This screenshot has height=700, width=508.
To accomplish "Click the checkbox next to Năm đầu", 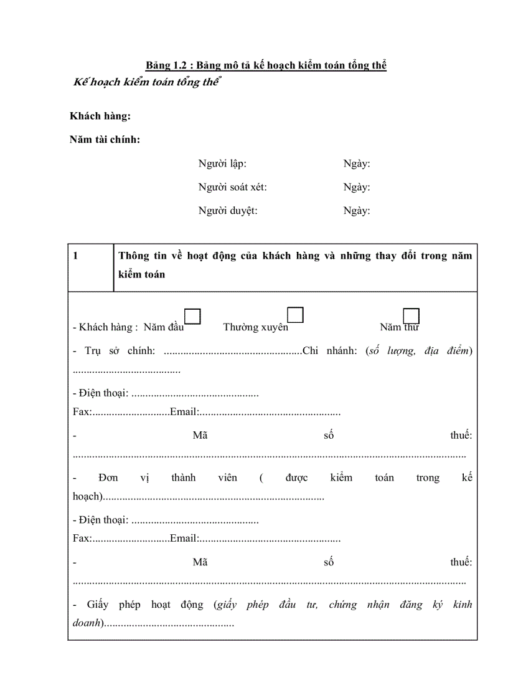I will pos(193,317).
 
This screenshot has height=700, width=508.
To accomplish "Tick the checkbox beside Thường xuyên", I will pos(295,315).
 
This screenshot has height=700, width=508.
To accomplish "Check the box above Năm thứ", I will pos(412,316).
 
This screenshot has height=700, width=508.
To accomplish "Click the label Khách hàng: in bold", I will pos(100,116).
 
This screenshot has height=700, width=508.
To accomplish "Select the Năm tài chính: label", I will pos(105,140).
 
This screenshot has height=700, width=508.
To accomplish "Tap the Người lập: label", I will pos(222,164).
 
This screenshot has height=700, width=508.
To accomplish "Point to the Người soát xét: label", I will pos(232,187).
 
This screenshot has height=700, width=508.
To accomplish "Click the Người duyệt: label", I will pos(228,211).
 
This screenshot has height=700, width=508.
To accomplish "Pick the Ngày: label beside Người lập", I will pos(357,164).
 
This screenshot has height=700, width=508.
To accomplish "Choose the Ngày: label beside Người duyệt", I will pos(357,211).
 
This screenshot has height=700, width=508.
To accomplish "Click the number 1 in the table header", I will pos(75,256).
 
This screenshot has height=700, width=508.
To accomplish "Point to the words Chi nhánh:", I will pos(329,351).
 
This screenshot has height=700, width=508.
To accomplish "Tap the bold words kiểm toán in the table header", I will pos(141,274).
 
